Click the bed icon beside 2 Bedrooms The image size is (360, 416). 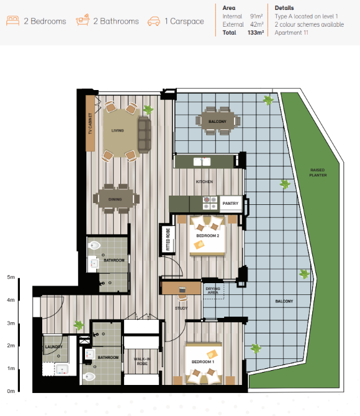[x=13, y=20]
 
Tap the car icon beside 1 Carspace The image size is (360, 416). [x=153, y=21]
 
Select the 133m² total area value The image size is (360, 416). [x=256, y=33]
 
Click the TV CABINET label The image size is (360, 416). [x=90, y=124]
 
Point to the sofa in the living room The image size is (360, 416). [x=144, y=135]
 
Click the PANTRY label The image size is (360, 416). [x=230, y=204]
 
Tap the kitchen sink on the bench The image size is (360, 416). [x=202, y=161]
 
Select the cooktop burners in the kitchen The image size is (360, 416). [x=210, y=203]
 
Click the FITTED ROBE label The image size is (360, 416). [x=168, y=239]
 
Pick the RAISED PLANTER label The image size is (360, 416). [x=318, y=173]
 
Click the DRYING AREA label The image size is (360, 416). [x=213, y=290]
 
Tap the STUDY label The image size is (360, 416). [x=181, y=309]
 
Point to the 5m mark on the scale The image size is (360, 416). [x=11, y=277]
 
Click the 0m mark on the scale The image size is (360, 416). [x=11, y=391]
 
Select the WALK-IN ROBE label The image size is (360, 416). [x=142, y=361]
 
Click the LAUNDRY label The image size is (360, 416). [x=54, y=346]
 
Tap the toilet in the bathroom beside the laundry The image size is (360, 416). [x=89, y=376]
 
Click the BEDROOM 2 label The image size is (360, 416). [x=208, y=235]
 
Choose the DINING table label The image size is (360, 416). [x=115, y=199]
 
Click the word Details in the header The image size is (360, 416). [x=284, y=8]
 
